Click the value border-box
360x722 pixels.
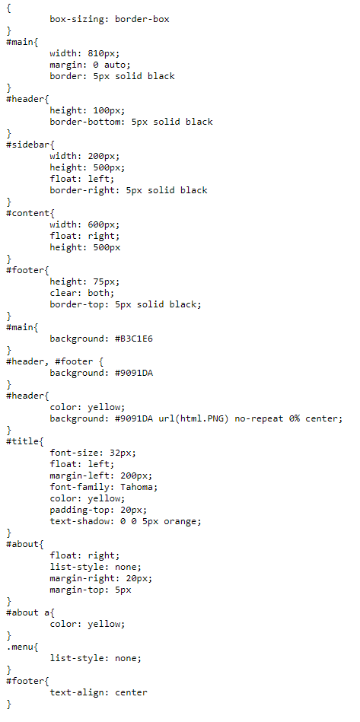142,19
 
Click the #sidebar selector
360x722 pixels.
28,145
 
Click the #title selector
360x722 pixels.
23,441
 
